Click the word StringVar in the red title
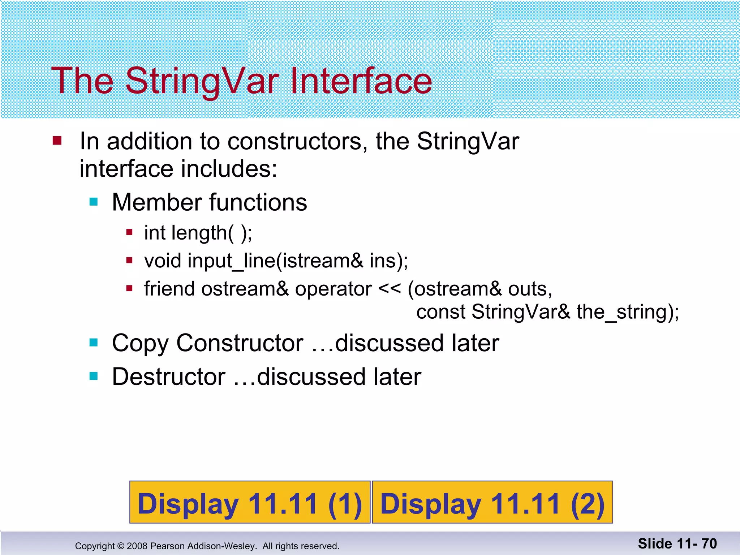pos(202,81)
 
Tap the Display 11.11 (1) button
pos(250,503)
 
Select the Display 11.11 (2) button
pos(492,503)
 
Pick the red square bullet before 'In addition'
pos(57,140)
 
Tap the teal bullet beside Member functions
pos(94,202)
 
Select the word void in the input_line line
pos(162,261)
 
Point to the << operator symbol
pos(389,289)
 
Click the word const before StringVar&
pos(440,311)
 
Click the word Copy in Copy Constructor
pos(140,343)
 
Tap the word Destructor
pos(169,377)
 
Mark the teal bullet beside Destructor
pos(94,377)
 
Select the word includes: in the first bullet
pos(229,169)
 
